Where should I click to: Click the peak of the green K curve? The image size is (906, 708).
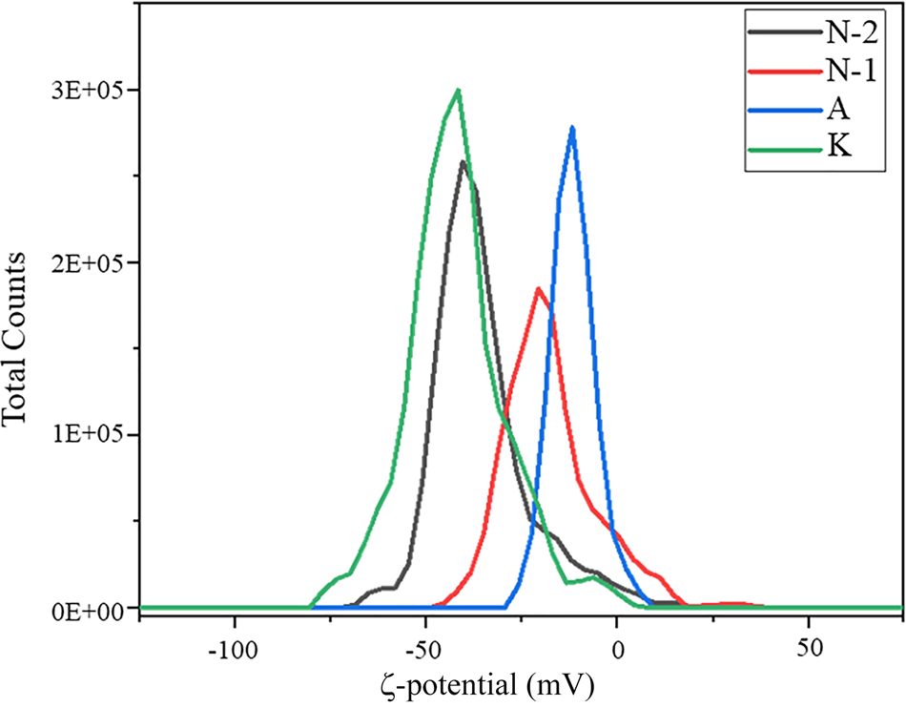pyautogui.click(x=459, y=91)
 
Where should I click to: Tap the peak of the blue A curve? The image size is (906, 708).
pyautogui.click(x=572, y=127)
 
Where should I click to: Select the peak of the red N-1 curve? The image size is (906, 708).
pyautogui.click(x=539, y=288)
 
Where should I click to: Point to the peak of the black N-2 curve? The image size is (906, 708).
pyautogui.click(x=463, y=161)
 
